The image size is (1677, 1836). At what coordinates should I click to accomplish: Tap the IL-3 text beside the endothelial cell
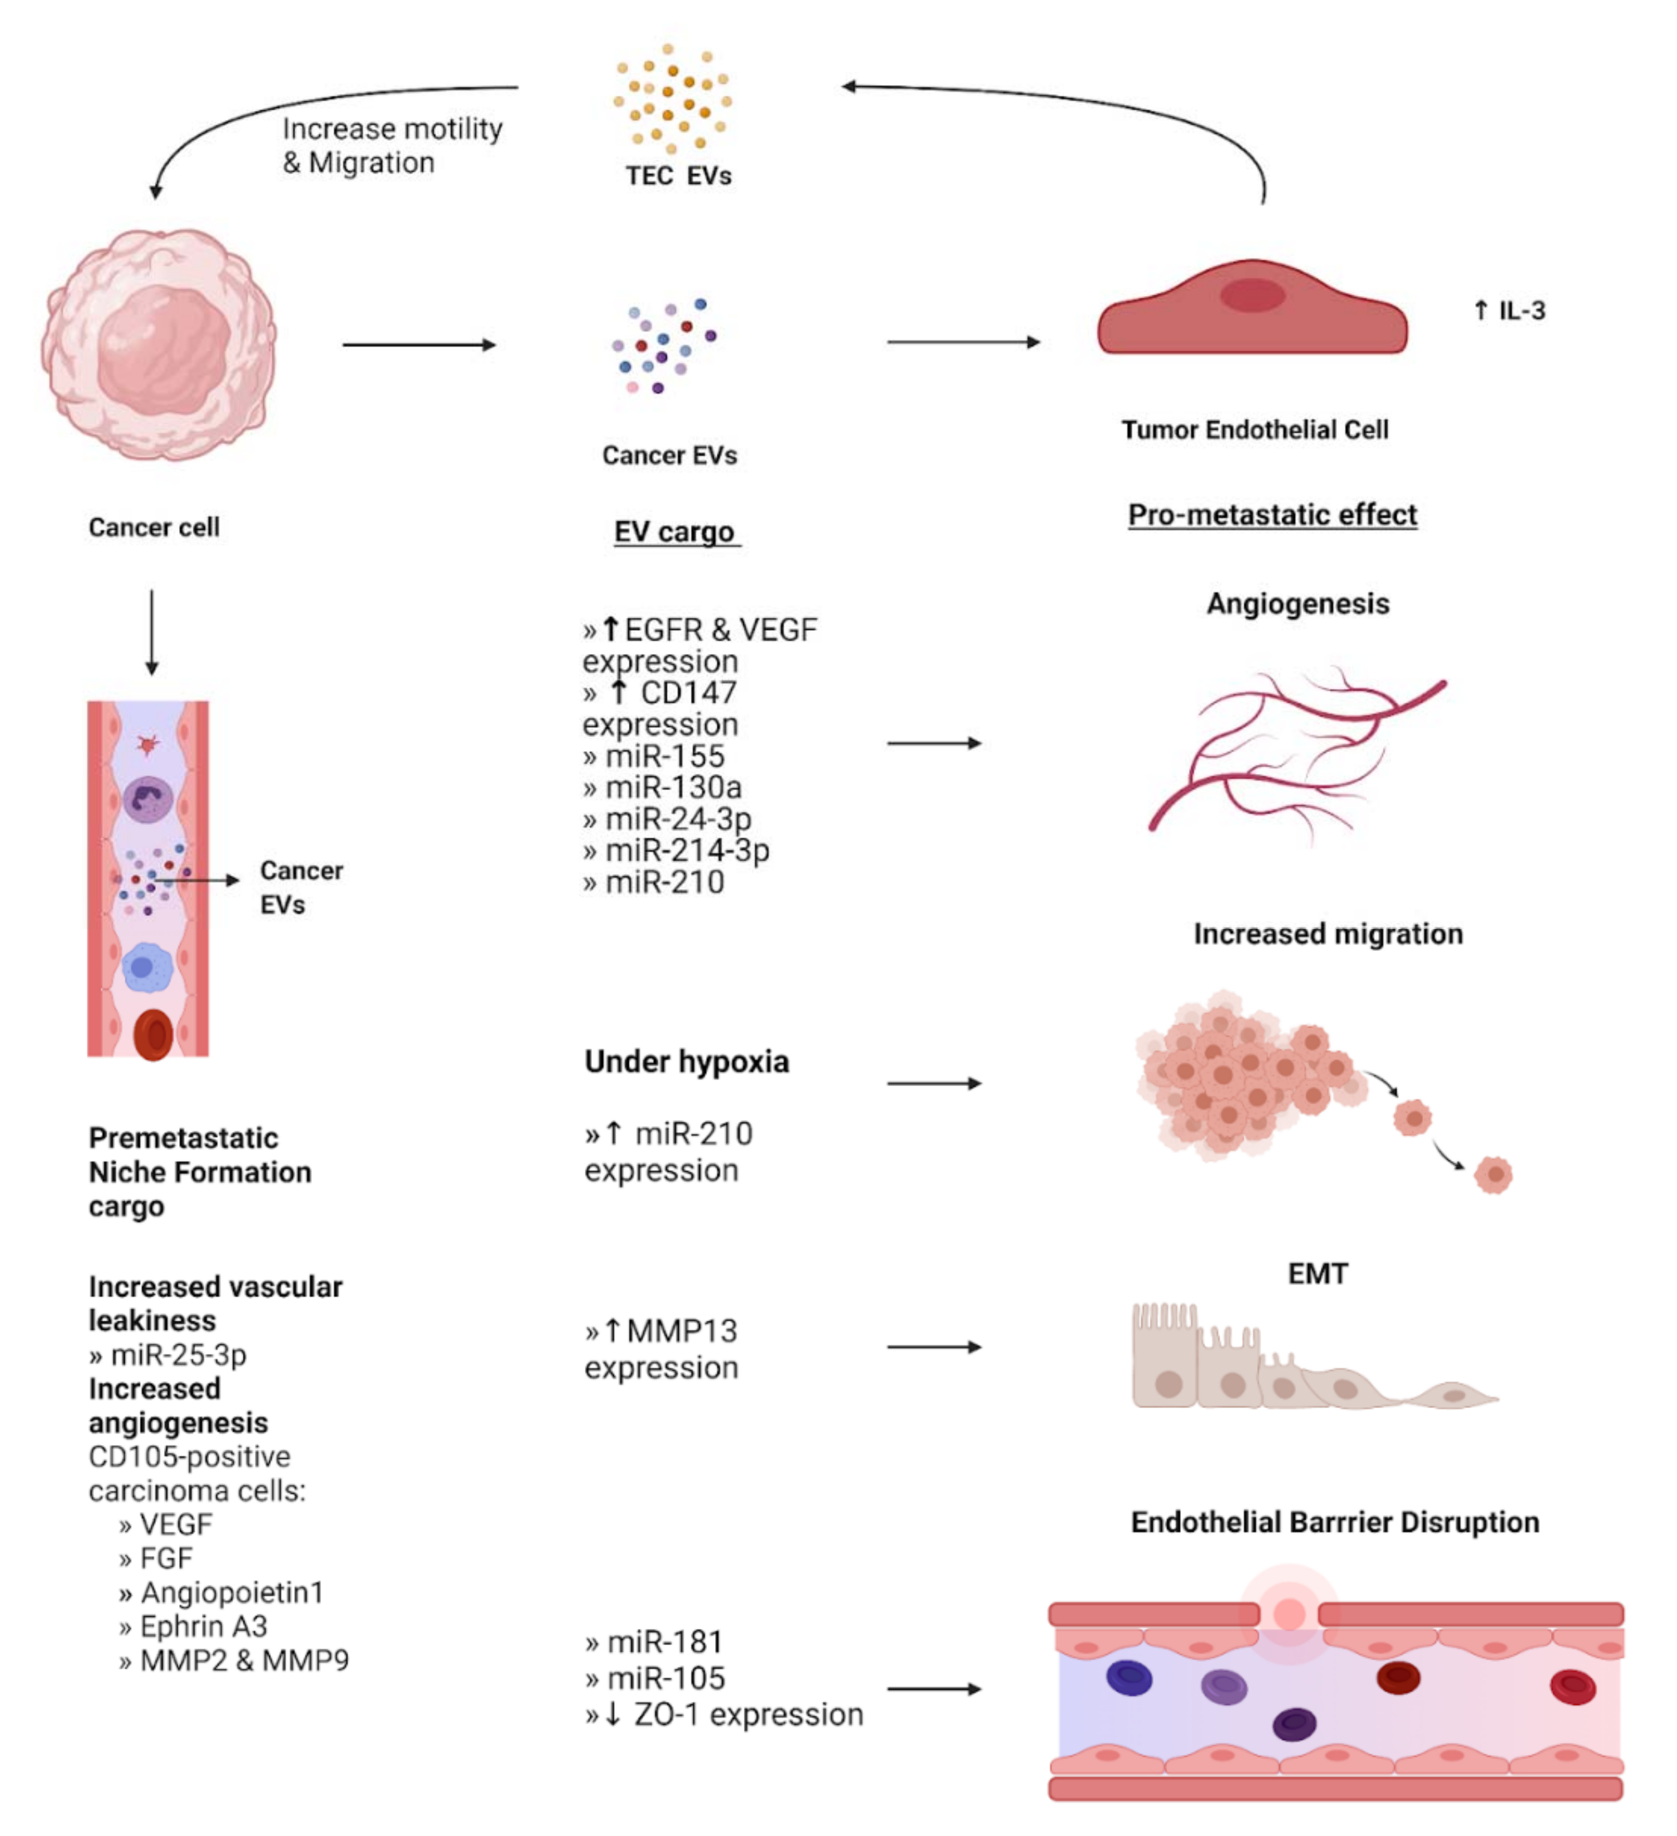(x=1510, y=310)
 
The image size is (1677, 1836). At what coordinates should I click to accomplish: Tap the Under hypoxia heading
(x=687, y=1062)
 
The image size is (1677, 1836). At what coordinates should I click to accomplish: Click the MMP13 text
(x=682, y=1331)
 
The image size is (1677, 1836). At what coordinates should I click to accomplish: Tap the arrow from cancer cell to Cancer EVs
(x=419, y=345)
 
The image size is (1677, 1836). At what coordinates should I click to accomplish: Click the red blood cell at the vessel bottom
(x=153, y=1035)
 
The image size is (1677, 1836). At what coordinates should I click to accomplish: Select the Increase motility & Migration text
(x=392, y=146)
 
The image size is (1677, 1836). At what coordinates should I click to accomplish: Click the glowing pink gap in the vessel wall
(x=1288, y=1614)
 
